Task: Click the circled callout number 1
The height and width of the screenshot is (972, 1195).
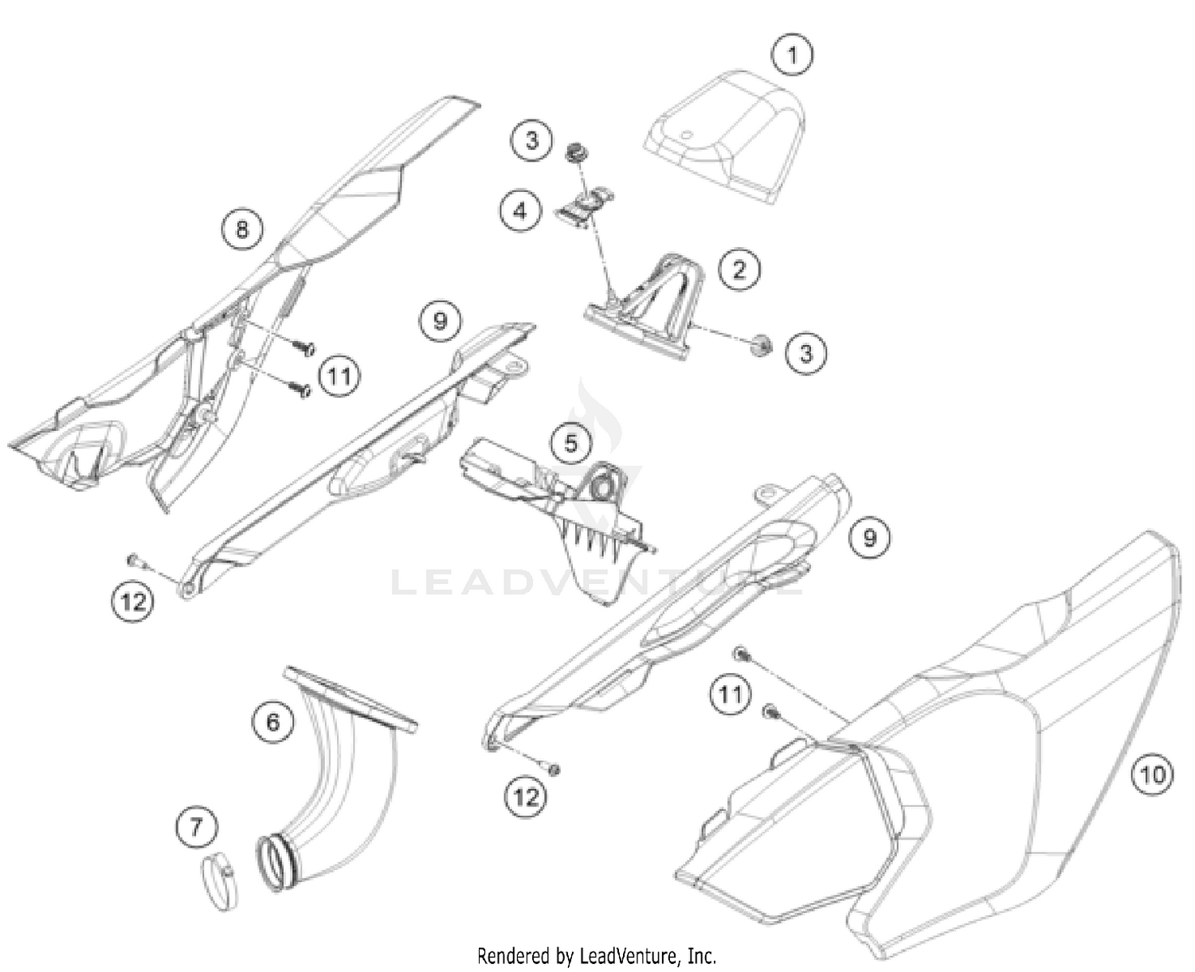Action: coord(792,56)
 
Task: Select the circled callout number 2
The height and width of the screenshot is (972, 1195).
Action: coord(739,270)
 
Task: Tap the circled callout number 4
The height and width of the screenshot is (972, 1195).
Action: coord(521,211)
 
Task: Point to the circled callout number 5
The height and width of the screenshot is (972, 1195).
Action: coord(570,444)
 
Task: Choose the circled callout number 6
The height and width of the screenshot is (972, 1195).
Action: coord(272,721)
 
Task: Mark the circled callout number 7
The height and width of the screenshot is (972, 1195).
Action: coord(197,827)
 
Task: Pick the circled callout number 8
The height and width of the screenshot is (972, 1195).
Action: coord(242,229)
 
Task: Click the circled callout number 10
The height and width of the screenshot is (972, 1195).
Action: coord(1152,775)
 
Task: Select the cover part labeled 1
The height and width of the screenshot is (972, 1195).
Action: coord(723,137)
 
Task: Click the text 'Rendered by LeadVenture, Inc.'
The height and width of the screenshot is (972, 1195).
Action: coord(597,955)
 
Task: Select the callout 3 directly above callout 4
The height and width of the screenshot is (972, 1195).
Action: coord(531,139)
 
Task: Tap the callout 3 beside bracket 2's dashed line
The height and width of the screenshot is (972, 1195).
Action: coord(805,354)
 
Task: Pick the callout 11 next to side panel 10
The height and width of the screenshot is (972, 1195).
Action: coord(730,695)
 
